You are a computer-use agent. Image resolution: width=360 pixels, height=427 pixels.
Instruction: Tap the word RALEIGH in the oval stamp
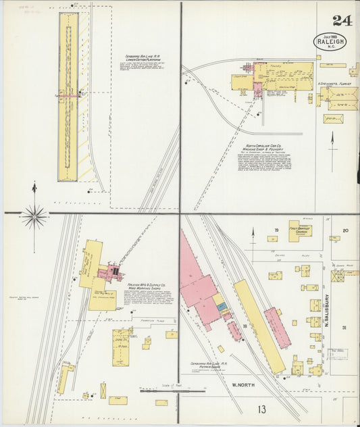330,41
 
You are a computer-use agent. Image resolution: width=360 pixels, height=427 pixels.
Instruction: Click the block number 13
261,409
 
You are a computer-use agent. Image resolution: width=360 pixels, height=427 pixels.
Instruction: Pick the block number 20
344,231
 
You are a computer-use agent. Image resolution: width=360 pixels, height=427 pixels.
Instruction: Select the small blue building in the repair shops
222,307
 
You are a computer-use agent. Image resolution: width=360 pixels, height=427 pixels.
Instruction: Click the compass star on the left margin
34,217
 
